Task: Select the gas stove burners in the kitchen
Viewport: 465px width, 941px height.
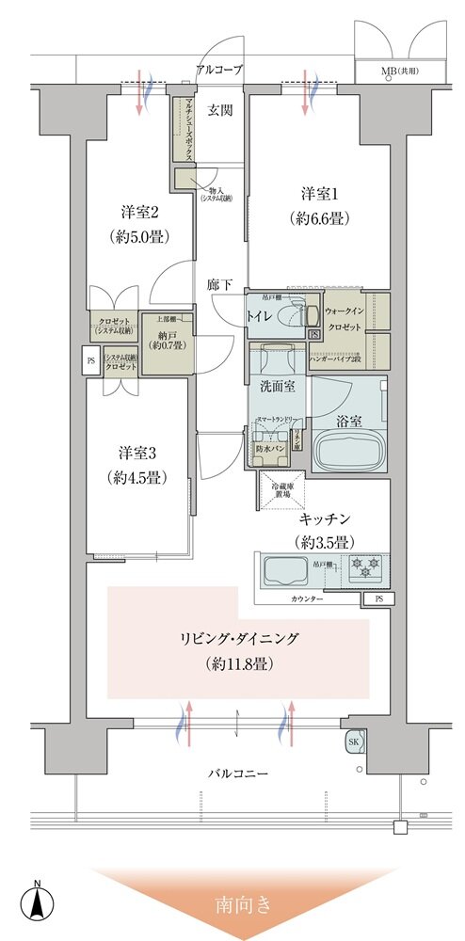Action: pos(363,567)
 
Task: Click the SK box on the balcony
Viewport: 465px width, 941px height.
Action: pos(355,742)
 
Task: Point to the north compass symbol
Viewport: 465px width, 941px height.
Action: pos(37,903)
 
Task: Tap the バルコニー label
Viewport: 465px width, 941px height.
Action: pos(238,774)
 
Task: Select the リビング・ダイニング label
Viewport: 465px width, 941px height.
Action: pos(239,638)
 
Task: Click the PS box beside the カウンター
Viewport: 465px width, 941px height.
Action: pos(378,598)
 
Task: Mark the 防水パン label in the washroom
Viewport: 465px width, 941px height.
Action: pos(269,449)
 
